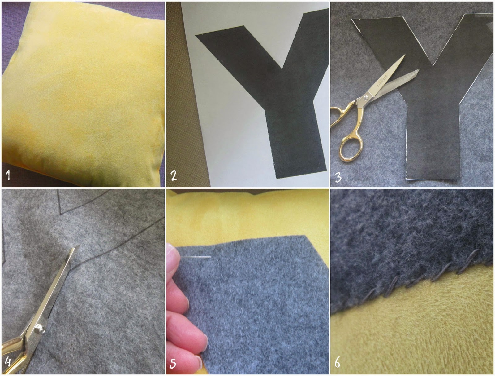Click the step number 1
(x=8, y=175)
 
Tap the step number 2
(x=174, y=175)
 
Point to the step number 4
(x=8, y=362)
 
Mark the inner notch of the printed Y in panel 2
(x=282, y=68)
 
